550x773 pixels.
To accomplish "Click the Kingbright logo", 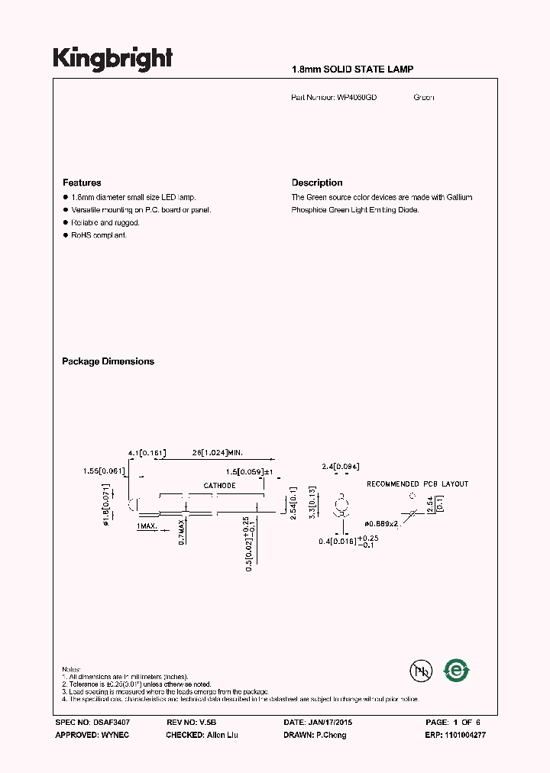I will (113, 59).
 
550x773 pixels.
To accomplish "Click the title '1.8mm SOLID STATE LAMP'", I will (352, 70).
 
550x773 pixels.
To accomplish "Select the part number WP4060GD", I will (357, 98).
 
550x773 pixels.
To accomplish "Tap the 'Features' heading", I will (82, 183).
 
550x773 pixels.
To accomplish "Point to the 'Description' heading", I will (317, 183).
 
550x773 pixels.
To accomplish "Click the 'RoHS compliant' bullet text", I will (99, 235).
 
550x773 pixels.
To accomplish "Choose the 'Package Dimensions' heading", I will (108, 361).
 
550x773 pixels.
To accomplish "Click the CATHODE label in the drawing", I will (219, 486).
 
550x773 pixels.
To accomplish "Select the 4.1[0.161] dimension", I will (147, 454).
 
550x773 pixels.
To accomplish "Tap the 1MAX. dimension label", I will (147, 527).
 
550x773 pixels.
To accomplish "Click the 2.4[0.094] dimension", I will (341, 466).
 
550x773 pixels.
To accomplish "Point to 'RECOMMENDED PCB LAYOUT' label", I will (417, 484).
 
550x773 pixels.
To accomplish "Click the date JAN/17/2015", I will (328, 722).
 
